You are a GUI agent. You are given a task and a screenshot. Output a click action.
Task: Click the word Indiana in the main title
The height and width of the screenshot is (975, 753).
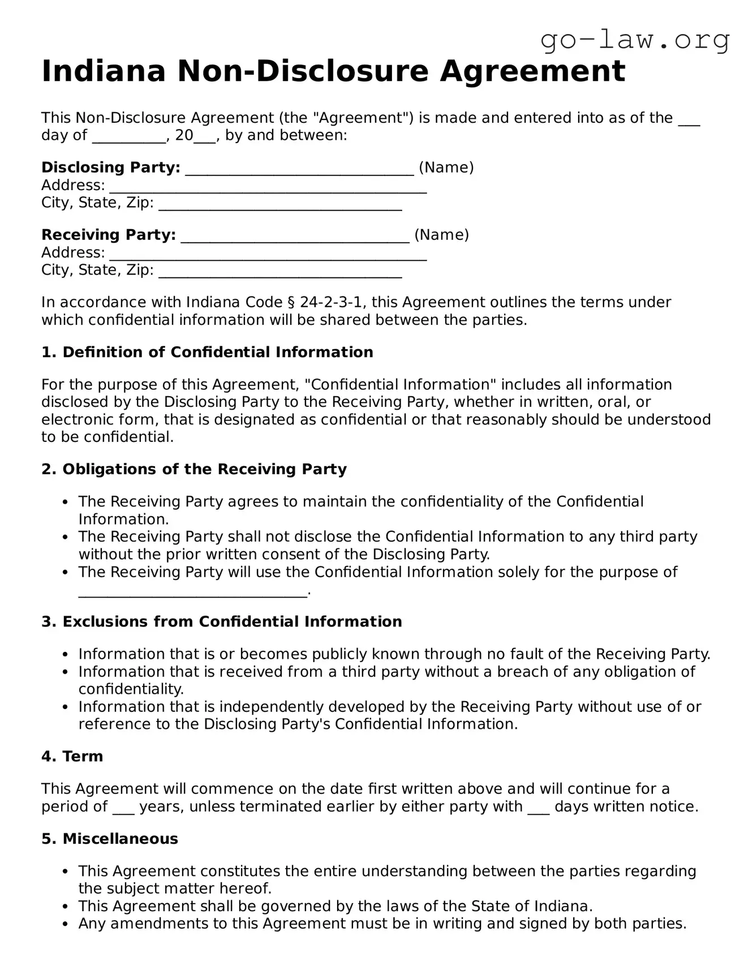click(104, 72)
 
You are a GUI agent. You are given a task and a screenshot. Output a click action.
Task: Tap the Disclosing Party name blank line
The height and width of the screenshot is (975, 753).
click(299, 169)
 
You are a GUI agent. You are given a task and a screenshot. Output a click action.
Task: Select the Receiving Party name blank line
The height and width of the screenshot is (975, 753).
click(295, 236)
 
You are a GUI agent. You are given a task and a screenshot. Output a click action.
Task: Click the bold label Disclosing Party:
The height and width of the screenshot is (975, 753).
click(111, 167)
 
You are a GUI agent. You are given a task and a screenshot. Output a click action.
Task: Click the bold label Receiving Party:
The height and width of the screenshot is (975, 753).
click(109, 235)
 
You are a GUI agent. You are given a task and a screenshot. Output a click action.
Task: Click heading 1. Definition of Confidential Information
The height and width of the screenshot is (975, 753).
click(207, 352)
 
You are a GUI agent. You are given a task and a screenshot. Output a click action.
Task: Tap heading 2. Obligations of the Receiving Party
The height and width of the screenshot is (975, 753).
click(194, 469)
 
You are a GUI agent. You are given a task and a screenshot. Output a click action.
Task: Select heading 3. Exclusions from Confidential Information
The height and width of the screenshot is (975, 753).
click(221, 621)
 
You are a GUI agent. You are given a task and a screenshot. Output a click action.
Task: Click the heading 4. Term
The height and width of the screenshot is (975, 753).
click(72, 756)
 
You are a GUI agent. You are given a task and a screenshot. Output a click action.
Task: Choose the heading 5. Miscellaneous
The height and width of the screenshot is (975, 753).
click(110, 839)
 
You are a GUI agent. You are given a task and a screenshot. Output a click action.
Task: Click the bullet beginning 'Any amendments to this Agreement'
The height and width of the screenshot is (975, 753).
click(382, 924)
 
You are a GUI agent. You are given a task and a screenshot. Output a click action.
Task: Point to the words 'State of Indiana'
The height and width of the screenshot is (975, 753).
click(532, 906)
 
